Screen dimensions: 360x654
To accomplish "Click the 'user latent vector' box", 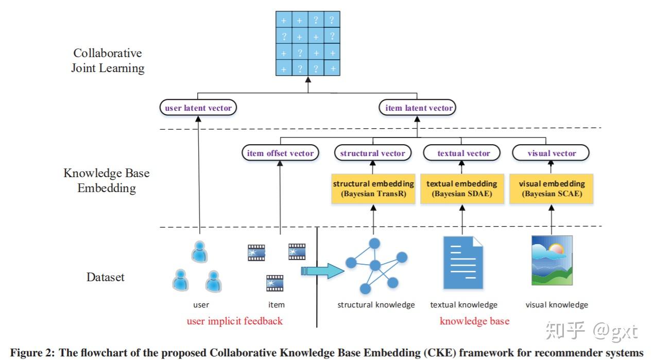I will (x=198, y=108).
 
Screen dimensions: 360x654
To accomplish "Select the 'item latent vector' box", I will (x=419, y=108).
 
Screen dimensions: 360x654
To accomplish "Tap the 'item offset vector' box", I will (x=280, y=153).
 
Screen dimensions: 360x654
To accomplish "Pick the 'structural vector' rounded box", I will (x=372, y=153).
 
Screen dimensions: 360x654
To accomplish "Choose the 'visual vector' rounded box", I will (x=551, y=153).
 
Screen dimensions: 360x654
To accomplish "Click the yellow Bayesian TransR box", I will (x=373, y=188).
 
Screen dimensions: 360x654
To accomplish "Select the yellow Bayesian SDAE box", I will (x=462, y=188).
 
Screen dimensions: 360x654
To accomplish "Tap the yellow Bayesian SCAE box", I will (x=551, y=188).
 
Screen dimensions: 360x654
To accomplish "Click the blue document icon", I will (x=463, y=262).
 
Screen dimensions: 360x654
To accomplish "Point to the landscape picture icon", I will (x=552, y=260).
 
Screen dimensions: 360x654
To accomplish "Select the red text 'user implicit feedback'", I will (x=234, y=321).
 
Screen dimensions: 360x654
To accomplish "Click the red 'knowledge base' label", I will (x=474, y=321).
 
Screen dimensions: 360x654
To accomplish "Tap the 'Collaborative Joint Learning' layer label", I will (x=108, y=61).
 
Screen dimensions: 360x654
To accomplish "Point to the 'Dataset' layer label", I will (x=105, y=277).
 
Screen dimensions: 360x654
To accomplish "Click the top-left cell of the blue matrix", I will (x=283, y=20).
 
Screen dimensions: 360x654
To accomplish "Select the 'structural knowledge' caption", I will (x=376, y=305).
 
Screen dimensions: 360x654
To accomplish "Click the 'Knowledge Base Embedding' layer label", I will (x=107, y=180).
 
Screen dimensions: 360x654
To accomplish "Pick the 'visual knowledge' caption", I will (x=556, y=305).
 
